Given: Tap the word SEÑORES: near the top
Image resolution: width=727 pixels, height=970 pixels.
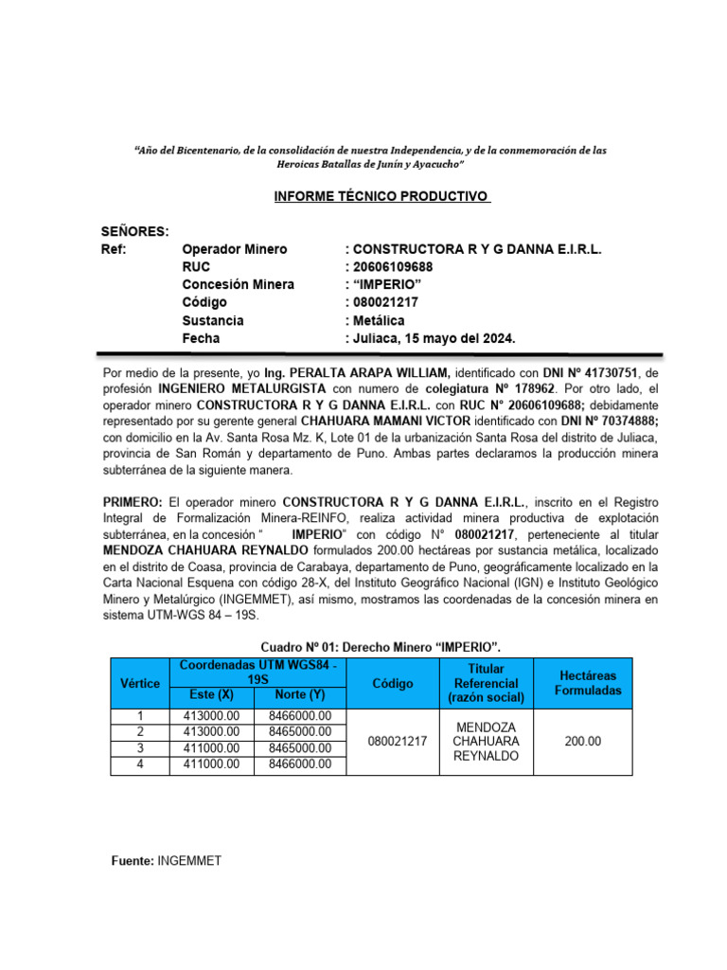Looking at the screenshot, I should coord(135,231).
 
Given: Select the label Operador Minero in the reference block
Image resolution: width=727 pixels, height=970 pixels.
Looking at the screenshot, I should coord(234,249).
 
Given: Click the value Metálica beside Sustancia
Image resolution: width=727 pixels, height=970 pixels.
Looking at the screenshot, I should coord(383,320).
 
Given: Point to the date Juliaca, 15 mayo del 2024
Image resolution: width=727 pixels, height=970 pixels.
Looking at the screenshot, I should coord(434,338).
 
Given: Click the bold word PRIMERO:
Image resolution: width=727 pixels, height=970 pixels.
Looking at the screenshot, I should coord(133,500).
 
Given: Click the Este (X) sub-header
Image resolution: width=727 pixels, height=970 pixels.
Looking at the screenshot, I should coord(211,695).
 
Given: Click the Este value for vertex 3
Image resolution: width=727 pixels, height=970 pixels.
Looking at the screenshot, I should coord(211,748).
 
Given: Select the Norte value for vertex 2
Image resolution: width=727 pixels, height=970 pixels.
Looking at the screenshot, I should coord(299,732).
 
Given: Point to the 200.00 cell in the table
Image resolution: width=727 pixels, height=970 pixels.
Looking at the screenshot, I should coord(582,741).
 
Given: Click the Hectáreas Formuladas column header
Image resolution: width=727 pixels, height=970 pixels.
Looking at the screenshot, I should coord(588,683).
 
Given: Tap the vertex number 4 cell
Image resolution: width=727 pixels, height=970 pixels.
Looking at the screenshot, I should coord(140,764).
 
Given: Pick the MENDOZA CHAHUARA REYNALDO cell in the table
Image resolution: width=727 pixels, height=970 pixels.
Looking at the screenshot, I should coord(486,741).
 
